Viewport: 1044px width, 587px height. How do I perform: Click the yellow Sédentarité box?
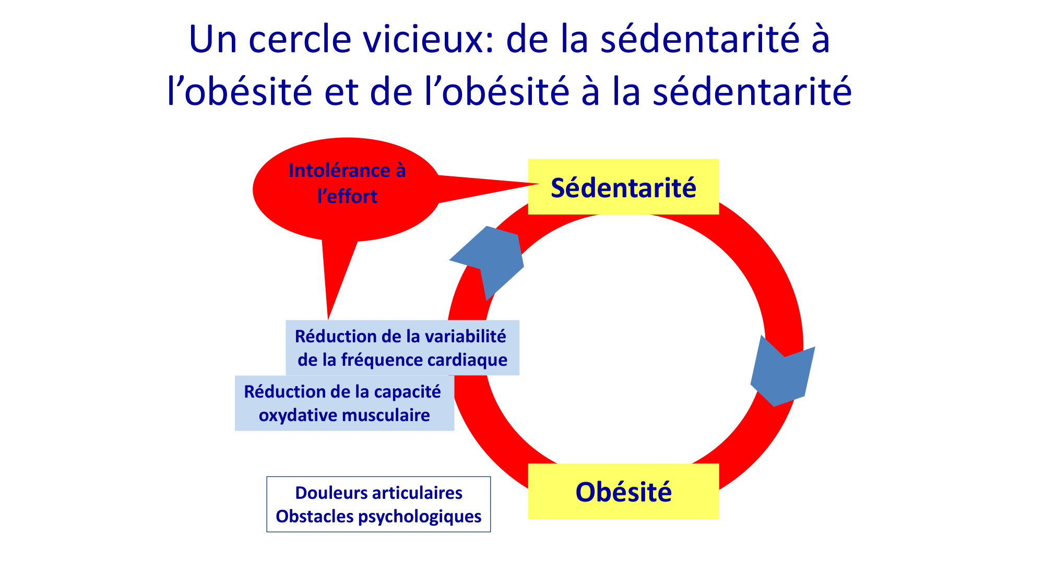[x=623, y=187]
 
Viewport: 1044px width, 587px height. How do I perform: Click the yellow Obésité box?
[x=623, y=492]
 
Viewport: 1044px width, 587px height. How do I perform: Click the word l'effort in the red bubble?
[x=347, y=196]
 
